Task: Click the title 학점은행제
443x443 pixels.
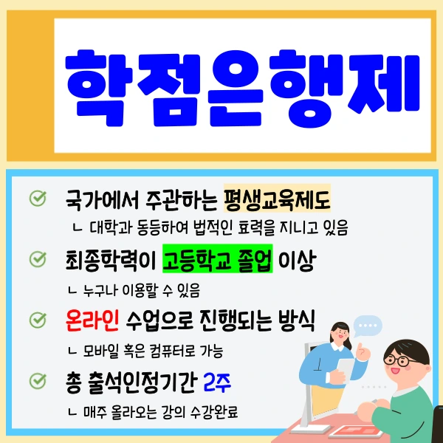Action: (243, 80)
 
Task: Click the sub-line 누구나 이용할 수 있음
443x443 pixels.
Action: (140, 289)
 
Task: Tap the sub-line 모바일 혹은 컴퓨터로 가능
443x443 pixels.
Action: (151, 350)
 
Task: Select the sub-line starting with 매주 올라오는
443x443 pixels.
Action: (162, 411)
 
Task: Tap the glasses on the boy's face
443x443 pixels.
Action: (399, 361)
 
